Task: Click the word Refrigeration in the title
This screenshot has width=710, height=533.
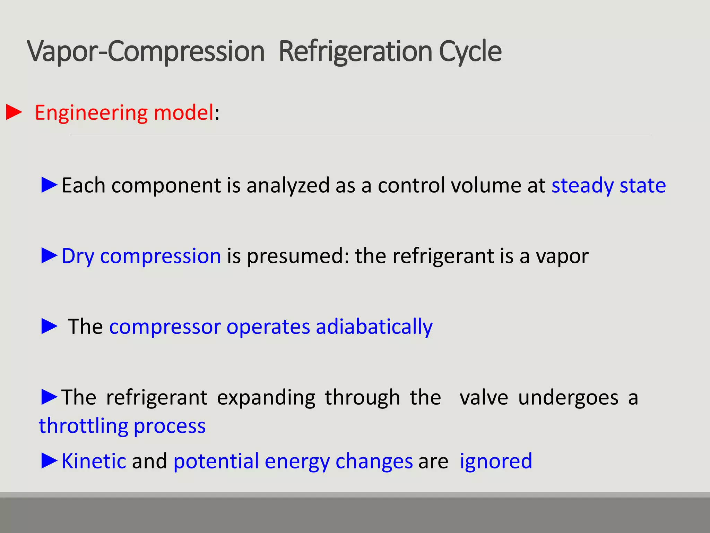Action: [x=355, y=51]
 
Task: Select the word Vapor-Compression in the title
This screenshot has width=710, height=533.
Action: [x=146, y=51]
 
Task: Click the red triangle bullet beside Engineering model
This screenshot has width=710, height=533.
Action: [x=14, y=112]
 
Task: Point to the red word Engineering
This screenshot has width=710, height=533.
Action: [x=91, y=113]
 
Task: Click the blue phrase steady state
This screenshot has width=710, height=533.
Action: [x=608, y=185]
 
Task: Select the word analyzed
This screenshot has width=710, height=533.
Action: [x=288, y=185]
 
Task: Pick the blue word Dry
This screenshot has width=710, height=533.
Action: [x=78, y=256]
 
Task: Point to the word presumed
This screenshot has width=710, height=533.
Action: [x=298, y=256]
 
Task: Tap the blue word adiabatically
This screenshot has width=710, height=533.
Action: [x=374, y=327]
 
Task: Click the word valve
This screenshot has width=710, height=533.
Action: [x=484, y=397]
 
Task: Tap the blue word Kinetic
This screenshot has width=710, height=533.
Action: [x=94, y=461]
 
